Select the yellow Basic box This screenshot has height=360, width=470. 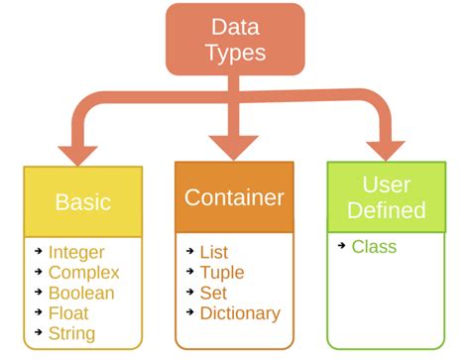click(83, 202)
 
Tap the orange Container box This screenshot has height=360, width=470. click(234, 197)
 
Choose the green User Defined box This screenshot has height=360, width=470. click(388, 197)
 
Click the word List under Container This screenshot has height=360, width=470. click(214, 253)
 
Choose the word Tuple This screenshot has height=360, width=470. click(222, 273)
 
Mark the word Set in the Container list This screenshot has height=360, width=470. click(213, 294)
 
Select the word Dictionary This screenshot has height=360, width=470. click(240, 313)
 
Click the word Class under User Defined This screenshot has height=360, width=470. click(374, 247)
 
